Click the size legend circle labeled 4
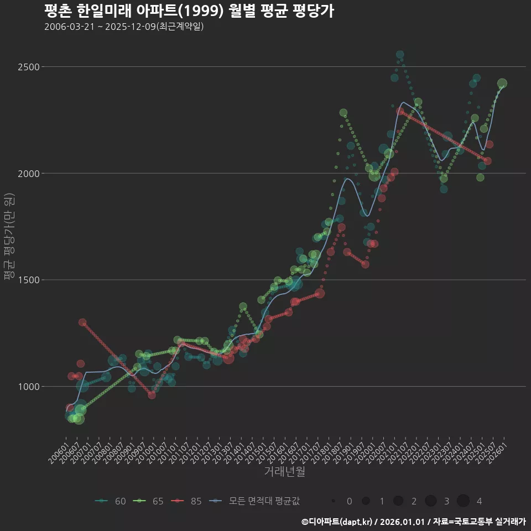(464, 501)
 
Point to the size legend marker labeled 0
(334, 501)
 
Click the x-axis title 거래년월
(284, 472)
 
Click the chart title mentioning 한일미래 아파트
(189, 11)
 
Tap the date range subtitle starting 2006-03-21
(124, 27)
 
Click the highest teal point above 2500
(400, 55)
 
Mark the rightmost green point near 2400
(502, 84)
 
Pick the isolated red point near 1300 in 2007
(82, 322)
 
